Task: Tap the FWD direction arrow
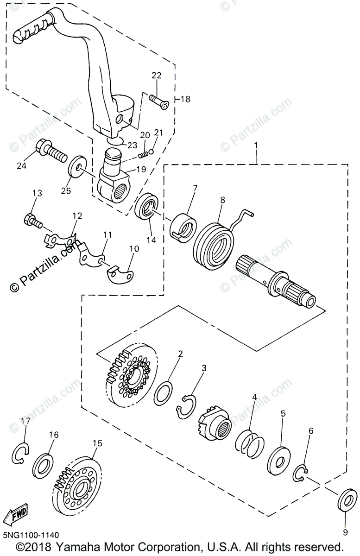15,513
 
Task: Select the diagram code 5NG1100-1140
30,535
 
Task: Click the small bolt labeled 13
32,220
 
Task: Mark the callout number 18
184,99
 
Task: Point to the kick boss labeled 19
114,178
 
